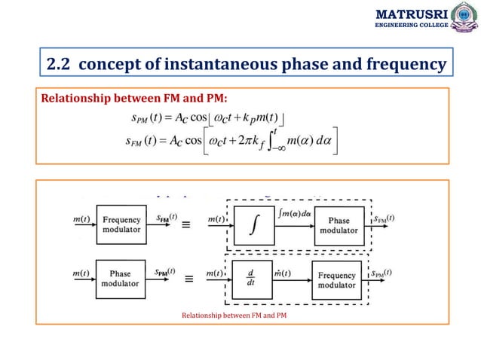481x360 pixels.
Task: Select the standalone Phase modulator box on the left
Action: (121, 278)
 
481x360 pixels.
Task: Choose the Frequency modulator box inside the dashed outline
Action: (336, 280)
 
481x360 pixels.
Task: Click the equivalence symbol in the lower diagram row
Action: (188, 278)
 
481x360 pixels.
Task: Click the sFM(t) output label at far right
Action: (384, 218)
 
